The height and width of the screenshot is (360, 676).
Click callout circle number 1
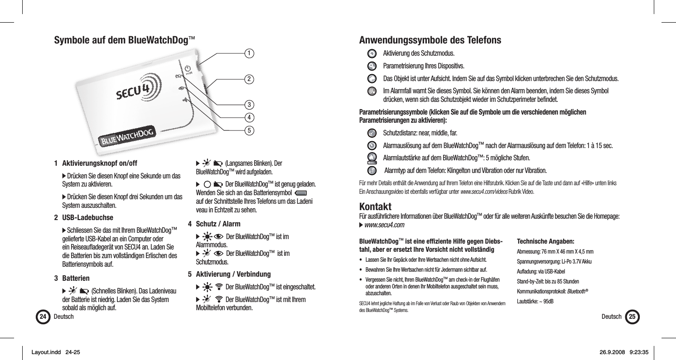pyautogui.click(x=248, y=53)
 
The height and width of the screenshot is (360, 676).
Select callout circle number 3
pyautogui.click(x=248, y=105)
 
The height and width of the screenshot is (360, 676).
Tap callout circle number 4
pyautogui.click(x=248, y=118)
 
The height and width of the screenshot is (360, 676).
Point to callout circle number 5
pyautogui.click(x=248, y=130)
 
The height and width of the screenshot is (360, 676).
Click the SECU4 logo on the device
pyautogui.click(x=136, y=91)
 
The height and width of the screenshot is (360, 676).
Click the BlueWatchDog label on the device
pyautogui.click(x=127, y=136)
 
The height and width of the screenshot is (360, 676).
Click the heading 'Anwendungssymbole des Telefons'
pyautogui.click(x=430, y=40)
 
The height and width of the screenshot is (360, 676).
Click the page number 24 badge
pyautogui.click(x=43, y=317)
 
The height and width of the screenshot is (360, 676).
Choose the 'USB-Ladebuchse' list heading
pyautogui.click(x=85, y=217)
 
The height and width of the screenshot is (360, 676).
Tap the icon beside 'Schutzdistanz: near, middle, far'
pyautogui.click(x=371, y=133)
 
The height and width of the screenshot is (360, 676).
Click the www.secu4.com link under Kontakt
pyautogui.click(x=384, y=226)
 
